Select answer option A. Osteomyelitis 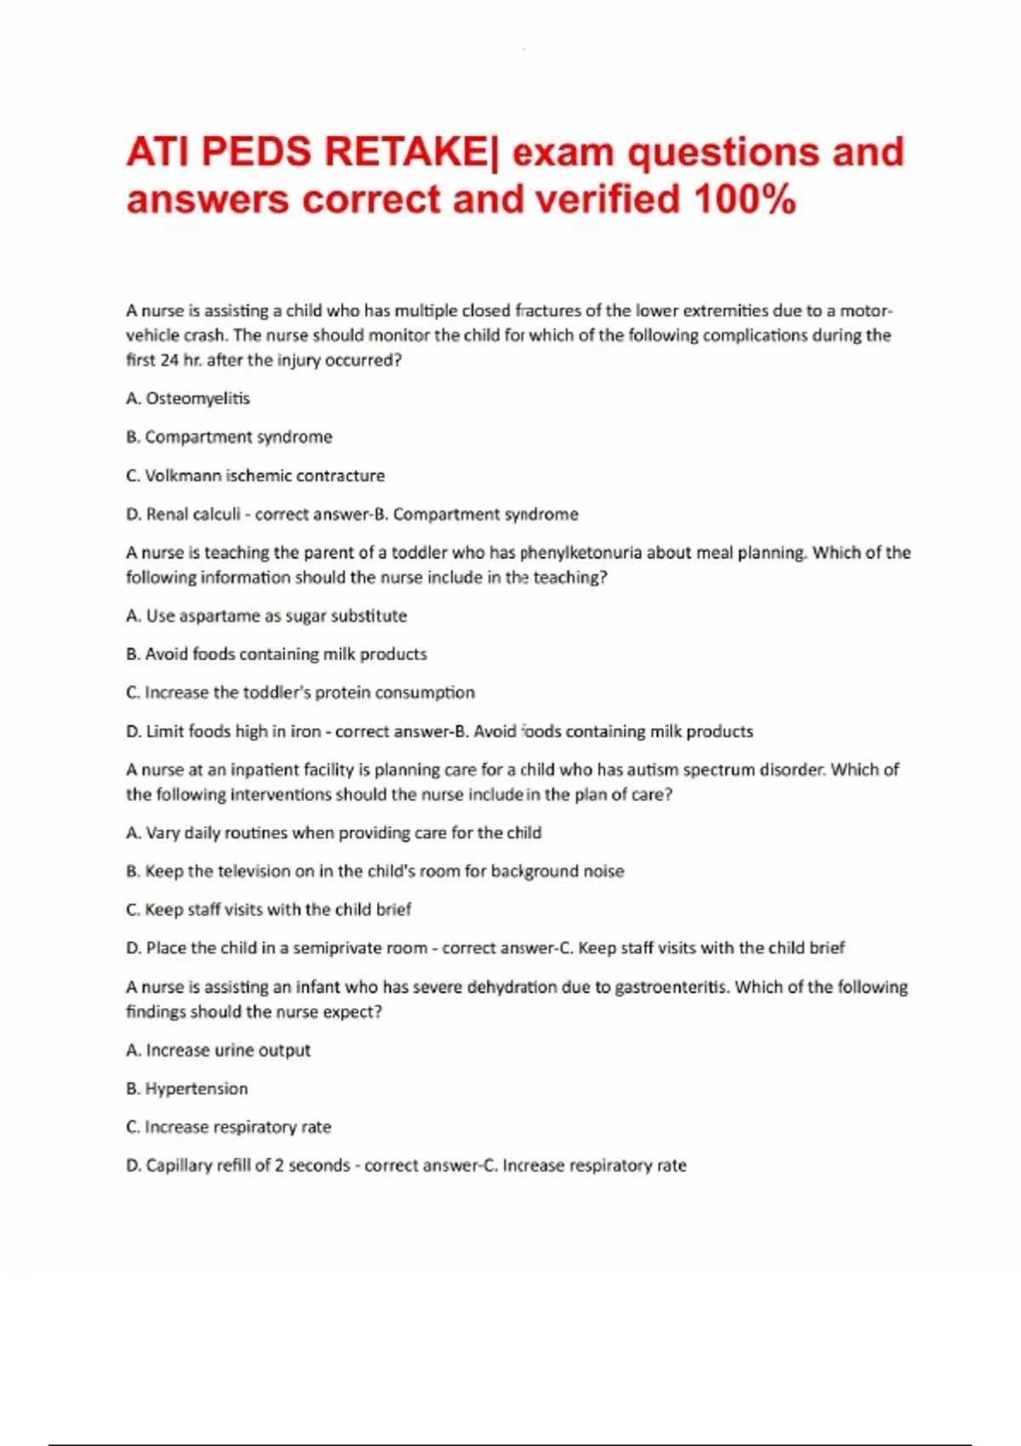pos(188,398)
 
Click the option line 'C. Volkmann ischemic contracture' pos(255,475)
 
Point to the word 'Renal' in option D pos(168,514)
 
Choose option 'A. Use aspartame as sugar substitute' pos(266,615)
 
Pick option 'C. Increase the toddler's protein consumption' pos(300,692)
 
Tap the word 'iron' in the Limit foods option pos(305,731)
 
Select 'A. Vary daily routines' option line pos(334,832)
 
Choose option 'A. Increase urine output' pos(218,1050)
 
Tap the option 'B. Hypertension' pos(187,1088)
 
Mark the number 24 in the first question pos(169,360)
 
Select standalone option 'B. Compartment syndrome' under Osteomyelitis pos(229,436)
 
